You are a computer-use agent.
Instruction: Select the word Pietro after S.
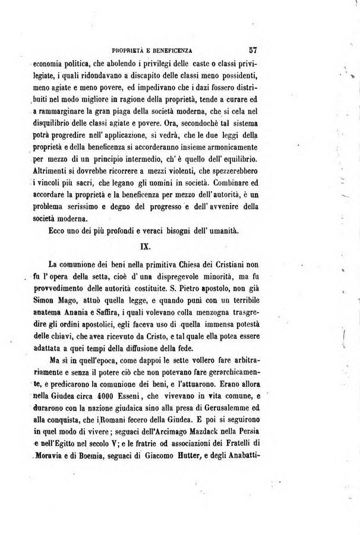click(184, 289)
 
